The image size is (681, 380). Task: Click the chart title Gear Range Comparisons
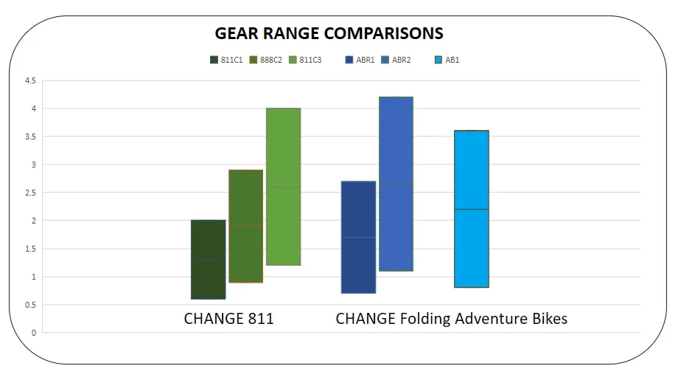329,33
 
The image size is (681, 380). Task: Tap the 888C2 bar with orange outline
245,226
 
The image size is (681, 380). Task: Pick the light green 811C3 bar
283,186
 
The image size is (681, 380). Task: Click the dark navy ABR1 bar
358,237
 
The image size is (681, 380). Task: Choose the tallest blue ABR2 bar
396,184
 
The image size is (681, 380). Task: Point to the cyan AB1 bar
471,209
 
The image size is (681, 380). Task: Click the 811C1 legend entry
226,60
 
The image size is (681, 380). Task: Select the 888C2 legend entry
266,60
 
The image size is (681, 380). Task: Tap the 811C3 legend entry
305,60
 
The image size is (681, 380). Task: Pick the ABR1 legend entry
360,60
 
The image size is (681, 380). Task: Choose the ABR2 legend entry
397,60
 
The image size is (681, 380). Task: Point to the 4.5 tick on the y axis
29,81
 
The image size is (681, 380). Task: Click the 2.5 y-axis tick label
29,193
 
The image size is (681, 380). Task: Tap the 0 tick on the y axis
33,333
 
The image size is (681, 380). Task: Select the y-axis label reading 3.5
29,137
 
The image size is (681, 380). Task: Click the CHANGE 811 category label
228,319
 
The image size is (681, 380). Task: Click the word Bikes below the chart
548,319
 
